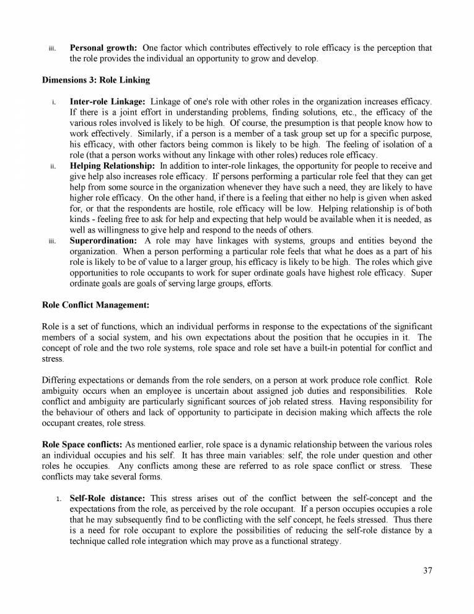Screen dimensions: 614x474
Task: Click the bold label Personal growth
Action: click(x=104, y=48)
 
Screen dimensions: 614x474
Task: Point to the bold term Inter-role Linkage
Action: click(x=107, y=101)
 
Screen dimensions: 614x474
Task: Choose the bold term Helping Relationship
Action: click(x=113, y=166)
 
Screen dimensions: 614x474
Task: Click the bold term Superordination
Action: click(x=104, y=241)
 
